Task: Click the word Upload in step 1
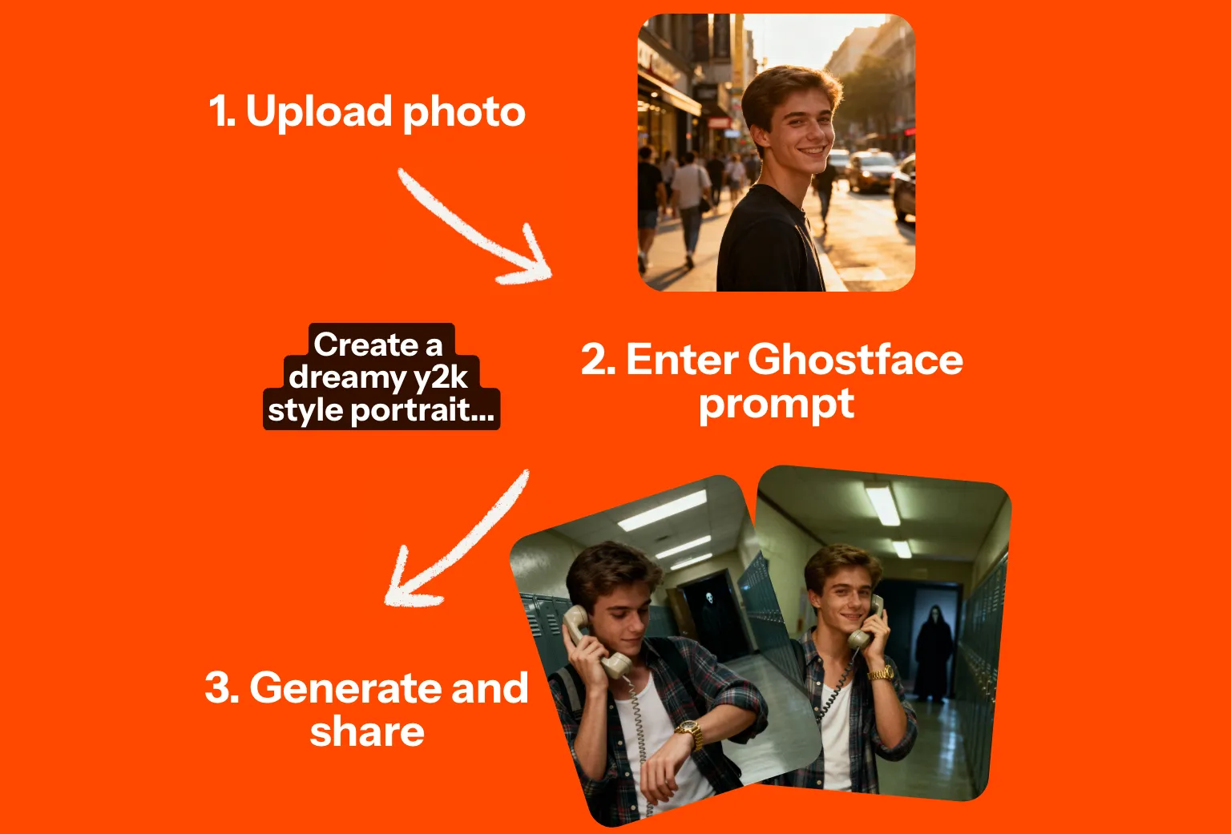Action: [319, 113]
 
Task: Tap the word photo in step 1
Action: [464, 113]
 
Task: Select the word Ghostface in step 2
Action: [855, 360]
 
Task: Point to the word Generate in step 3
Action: [346, 687]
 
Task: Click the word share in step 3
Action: [367, 731]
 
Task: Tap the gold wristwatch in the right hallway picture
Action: [881, 674]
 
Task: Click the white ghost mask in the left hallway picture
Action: [709, 597]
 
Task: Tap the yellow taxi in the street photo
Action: [871, 171]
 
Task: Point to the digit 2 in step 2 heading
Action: [594, 360]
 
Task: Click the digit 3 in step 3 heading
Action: [218, 687]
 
